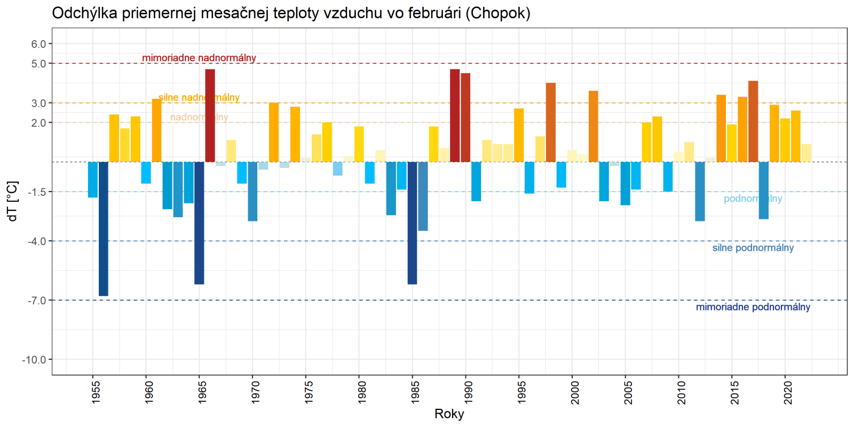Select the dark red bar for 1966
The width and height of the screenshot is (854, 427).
pos(210,115)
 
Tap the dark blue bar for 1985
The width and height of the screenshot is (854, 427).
pos(413,223)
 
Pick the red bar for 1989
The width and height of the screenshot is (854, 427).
pos(455,115)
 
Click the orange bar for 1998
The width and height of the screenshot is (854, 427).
pos(551,122)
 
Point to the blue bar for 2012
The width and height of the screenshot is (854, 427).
pos(700,191)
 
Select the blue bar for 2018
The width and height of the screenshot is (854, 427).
pos(764,190)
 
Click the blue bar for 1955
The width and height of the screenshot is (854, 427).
pos(93,179)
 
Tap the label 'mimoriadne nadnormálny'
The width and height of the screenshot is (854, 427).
pos(199,58)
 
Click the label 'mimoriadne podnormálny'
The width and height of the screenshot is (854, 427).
pos(753,307)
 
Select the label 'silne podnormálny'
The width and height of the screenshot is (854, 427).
pos(753,248)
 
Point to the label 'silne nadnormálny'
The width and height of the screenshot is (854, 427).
pos(199,97)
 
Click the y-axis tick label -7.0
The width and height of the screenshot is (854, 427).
pos(37,301)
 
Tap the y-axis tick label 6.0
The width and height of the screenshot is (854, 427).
pos(38,44)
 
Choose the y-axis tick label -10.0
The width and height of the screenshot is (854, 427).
pos(34,360)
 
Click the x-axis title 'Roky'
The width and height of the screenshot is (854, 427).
pos(449,414)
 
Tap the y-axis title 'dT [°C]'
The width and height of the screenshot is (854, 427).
pos(13,201)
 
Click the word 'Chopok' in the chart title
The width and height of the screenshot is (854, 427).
pos(497,13)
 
